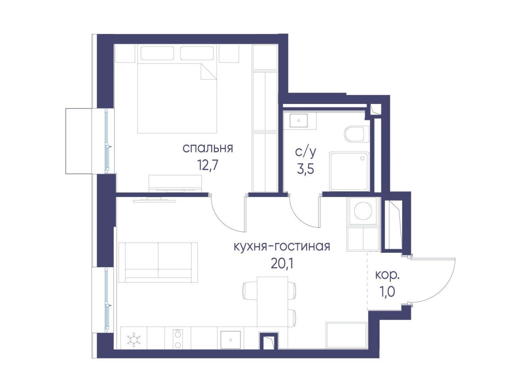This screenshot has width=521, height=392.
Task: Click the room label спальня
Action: [208, 148]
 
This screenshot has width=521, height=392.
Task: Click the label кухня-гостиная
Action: [282, 246]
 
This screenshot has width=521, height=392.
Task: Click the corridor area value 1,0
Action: [388, 292]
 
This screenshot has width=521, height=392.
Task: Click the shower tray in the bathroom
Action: [349, 171]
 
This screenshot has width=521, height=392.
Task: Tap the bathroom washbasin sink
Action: [298, 119]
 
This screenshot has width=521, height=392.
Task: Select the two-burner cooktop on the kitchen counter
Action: [177, 339]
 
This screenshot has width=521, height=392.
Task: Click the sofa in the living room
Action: [158, 262]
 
